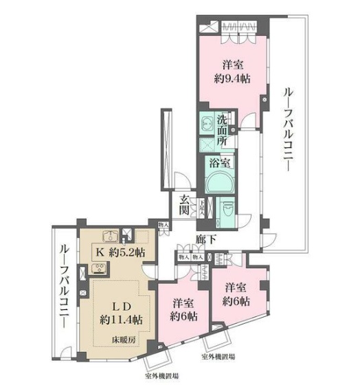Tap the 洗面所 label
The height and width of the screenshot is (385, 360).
click(x=222, y=129)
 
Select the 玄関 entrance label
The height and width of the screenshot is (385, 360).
click(x=184, y=206)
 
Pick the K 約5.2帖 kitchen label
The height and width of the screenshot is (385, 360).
click(x=120, y=251)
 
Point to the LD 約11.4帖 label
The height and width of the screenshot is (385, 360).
click(x=120, y=313)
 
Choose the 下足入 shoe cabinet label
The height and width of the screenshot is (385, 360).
click(x=201, y=205)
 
